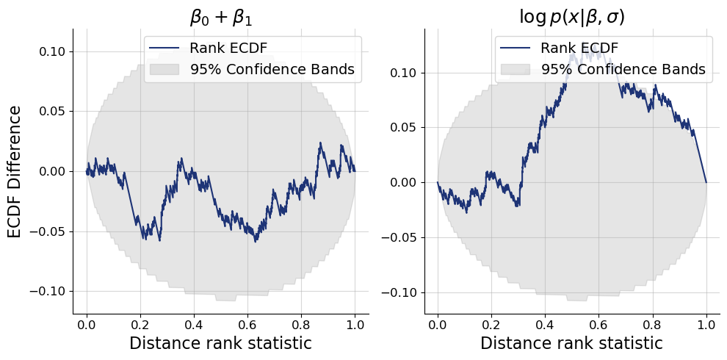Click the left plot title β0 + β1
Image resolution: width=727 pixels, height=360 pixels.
pyautogui.click(x=220, y=15)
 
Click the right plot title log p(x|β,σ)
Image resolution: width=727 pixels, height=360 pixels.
pyautogui.click(x=571, y=15)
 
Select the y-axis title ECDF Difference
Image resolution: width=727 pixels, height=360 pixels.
pyautogui.click(x=15, y=171)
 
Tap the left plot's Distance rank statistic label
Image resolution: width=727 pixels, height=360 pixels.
pyautogui.click(x=220, y=343)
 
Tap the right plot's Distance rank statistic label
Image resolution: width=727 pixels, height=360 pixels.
pyautogui.click(x=571, y=343)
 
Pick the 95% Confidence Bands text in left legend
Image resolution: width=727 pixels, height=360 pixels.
pyautogui.click(x=272, y=70)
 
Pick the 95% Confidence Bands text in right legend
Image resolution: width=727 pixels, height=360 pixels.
pyautogui.click(x=623, y=70)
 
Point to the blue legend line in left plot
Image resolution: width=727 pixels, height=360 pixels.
pyautogui.click(x=165, y=48)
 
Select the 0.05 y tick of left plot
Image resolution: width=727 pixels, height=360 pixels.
pyautogui.click(x=53, y=112)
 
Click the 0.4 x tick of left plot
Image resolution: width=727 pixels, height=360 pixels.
pyautogui.click(x=194, y=324)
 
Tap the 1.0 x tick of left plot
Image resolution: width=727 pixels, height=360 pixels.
pyautogui.click(x=355, y=324)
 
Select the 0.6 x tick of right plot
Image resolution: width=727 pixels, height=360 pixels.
pyautogui.click(x=598, y=324)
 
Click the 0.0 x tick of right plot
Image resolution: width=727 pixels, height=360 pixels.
pyautogui.click(x=438, y=324)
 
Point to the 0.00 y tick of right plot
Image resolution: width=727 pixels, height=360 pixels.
pyautogui.click(x=404, y=182)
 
